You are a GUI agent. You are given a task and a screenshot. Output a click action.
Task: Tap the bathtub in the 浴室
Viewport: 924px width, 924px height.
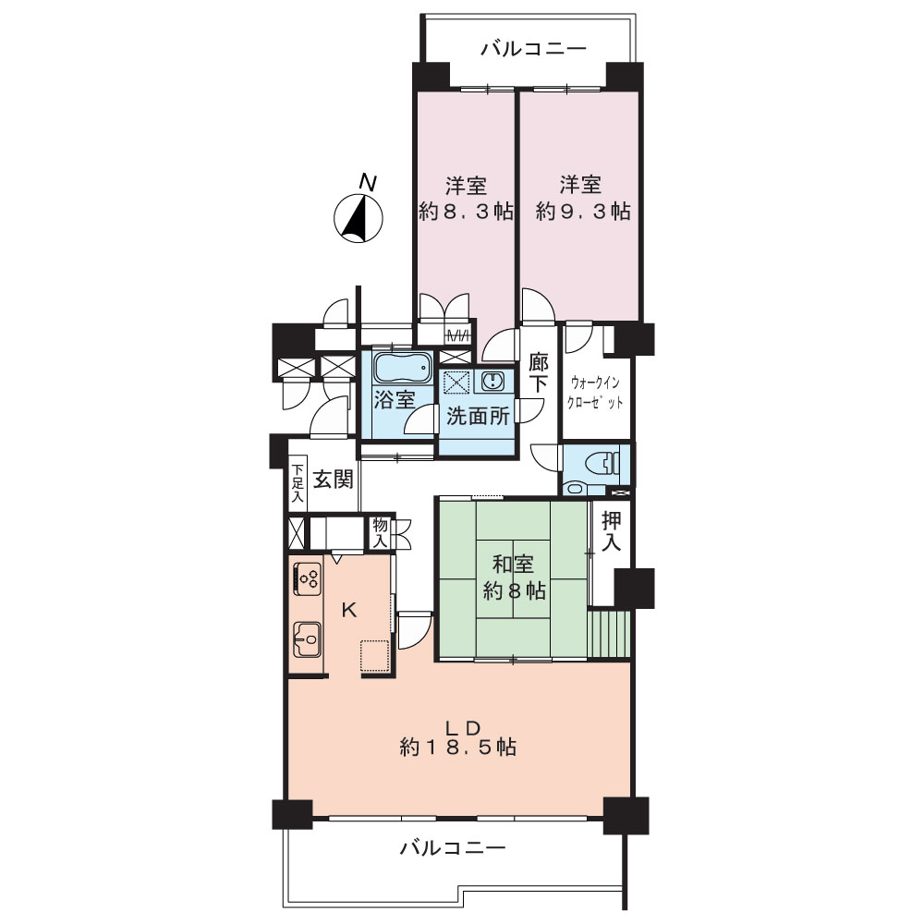pos(403,369)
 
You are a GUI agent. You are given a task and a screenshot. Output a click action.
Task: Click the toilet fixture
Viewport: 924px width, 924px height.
pos(603,463)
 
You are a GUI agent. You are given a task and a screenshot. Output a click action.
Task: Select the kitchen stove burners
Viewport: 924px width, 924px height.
pos(308,578)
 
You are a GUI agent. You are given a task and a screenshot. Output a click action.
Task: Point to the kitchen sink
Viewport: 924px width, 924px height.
pos(307,638)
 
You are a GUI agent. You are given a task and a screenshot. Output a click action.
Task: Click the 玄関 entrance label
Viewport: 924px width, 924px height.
pos(333,480)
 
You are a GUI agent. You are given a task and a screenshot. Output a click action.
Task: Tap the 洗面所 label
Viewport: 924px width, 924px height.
pos(478,416)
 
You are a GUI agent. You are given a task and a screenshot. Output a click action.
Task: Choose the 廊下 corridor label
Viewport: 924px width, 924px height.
pos(538,373)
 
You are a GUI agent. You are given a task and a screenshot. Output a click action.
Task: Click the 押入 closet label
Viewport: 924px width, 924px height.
pos(611,531)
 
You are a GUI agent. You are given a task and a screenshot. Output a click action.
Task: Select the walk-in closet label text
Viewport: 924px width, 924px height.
pos(594,393)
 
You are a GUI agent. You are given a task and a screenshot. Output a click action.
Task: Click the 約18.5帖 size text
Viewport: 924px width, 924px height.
pos(458,748)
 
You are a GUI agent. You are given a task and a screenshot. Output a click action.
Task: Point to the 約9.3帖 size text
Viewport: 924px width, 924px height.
pos(583,211)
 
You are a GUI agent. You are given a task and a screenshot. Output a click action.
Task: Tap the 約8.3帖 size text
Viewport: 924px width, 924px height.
pos(466,211)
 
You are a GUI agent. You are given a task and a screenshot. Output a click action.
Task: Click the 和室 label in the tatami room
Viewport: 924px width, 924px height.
pos(513,564)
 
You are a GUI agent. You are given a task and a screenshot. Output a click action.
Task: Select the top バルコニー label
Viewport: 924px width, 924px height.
pos(533,48)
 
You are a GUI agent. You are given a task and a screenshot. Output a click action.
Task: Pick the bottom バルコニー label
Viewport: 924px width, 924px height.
pos(453,848)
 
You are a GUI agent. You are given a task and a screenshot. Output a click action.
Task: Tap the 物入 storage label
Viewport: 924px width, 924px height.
pos(380,532)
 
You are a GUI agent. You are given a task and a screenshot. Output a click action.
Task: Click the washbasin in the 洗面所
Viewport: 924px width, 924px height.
pos(491,382)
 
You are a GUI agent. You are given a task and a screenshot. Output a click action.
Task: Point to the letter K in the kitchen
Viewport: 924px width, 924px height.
pos(349,610)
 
